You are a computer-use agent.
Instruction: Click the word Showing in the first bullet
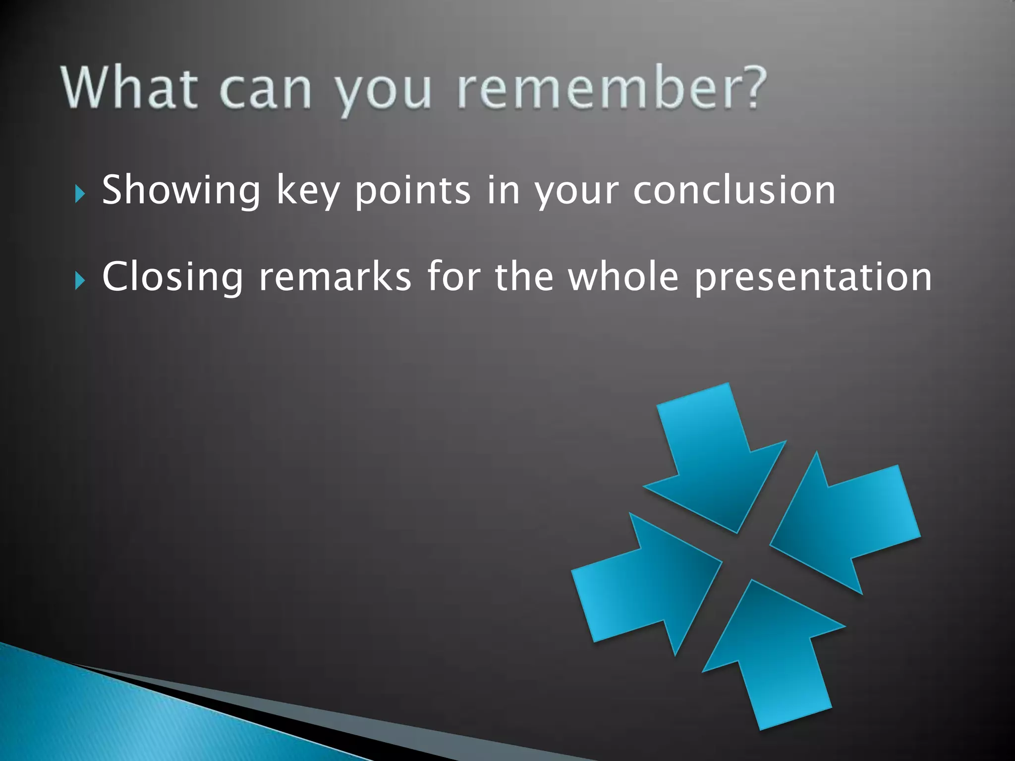pyautogui.click(x=181, y=190)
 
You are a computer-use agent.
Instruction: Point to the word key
pyautogui.click(x=307, y=190)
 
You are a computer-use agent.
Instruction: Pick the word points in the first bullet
pyautogui.click(x=412, y=190)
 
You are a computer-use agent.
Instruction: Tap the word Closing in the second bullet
pyautogui.click(x=172, y=277)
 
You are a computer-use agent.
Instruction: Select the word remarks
pyautogui.click(x=335, y=277)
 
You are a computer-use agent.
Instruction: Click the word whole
pyautogui.click(x=623, y=277)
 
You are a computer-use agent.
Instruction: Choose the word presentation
pyautogui.click(x=813, y=277)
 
